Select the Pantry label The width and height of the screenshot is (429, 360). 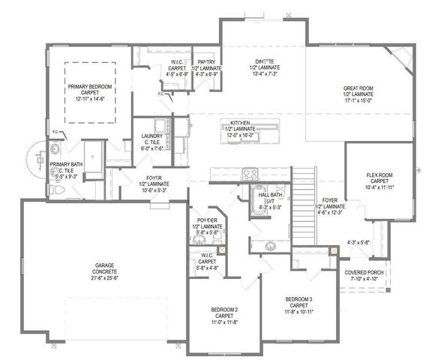click(x=206, y=63)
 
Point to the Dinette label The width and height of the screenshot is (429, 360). click(x=262, y=64)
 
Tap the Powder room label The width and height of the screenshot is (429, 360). click(x=206, y=220)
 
